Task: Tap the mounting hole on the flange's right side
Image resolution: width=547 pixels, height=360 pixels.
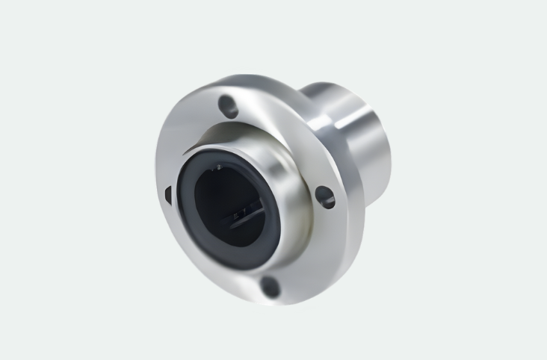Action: [x=324, y=196]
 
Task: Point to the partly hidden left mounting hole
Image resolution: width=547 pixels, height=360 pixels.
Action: [x=167, y=194]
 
